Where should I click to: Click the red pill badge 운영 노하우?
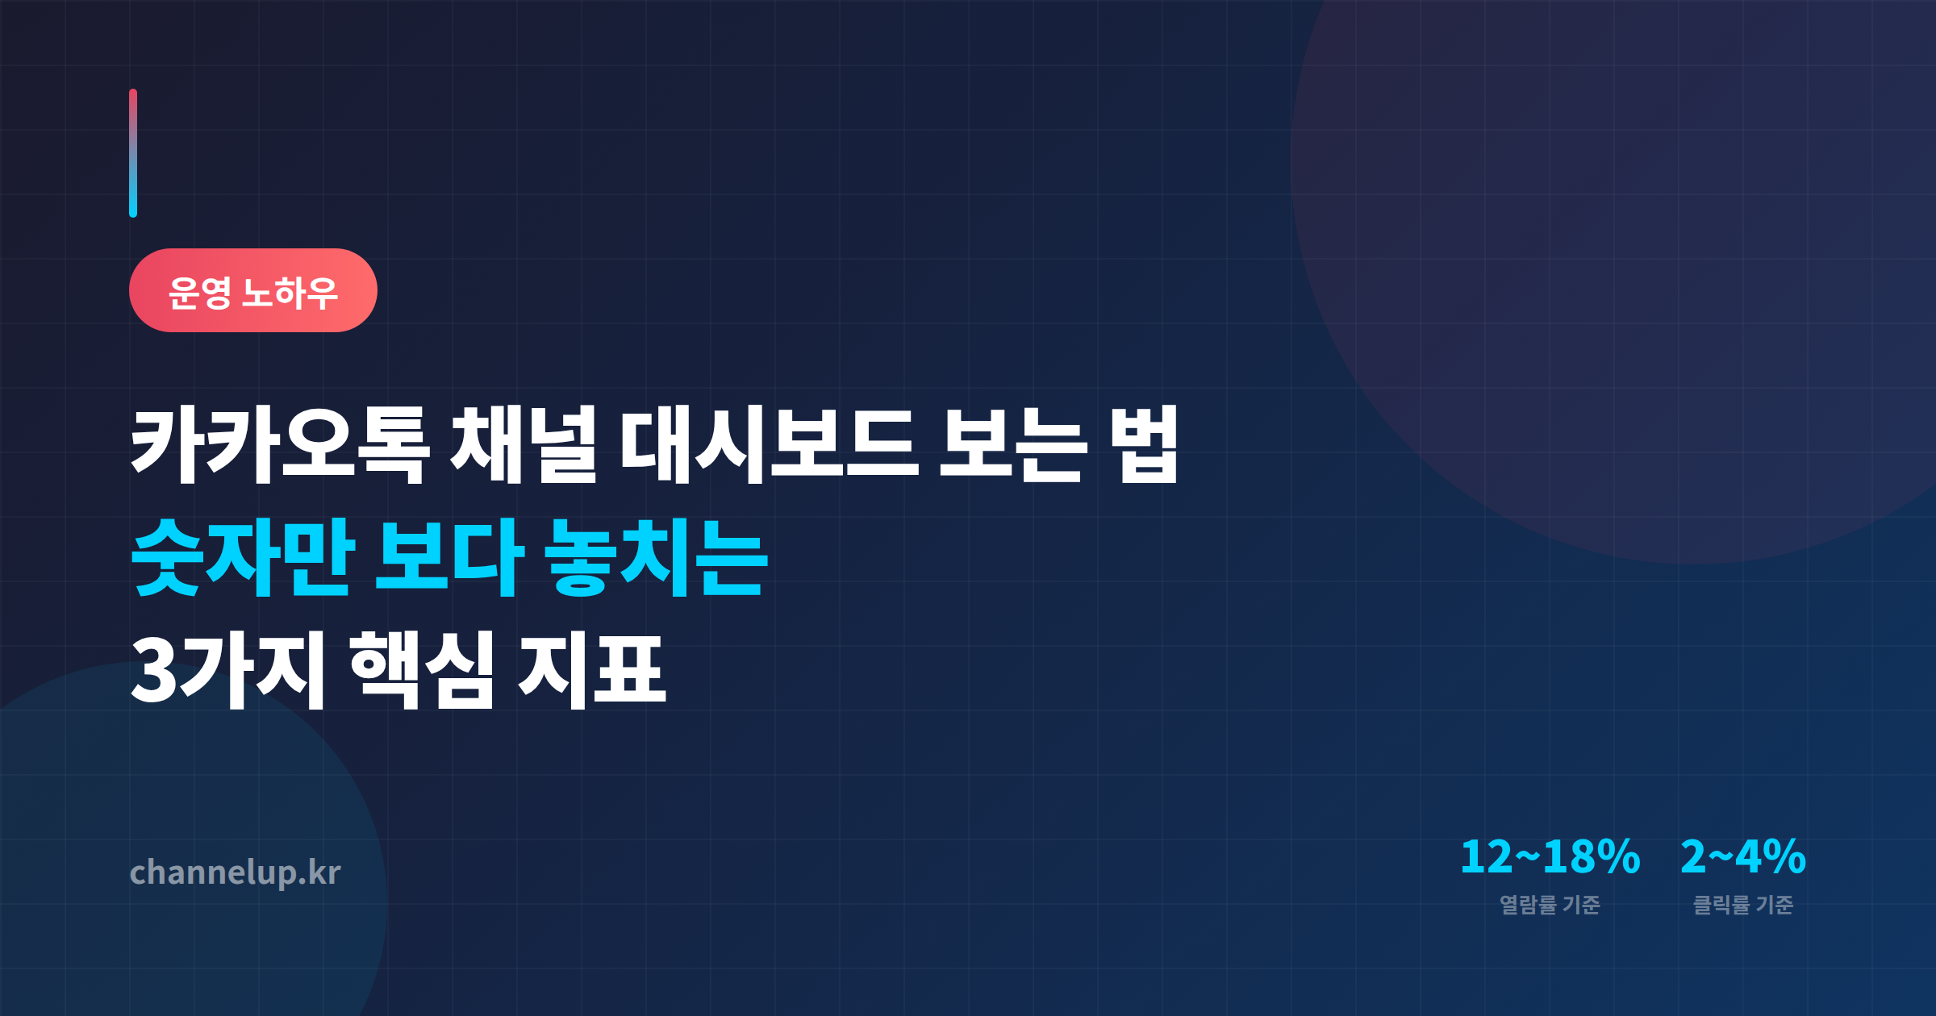(x=252, y=290)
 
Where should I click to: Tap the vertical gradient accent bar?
(x=133, y=153)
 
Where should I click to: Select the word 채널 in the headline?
(x=524, y=445)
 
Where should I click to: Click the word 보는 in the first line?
(x=1012, y=445)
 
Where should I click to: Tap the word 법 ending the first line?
(x=1145, y=445)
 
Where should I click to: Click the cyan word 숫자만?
(x=242, y=558)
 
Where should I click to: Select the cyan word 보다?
(x=449, y=558)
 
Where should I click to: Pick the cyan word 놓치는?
(x=656, y=558)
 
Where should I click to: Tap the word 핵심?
(x=422, y=671)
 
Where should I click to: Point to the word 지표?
(x=591, y=671)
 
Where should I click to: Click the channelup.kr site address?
(x=235, y=872)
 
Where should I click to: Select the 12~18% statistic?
(x=1550, y=856)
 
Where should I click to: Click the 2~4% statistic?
(x=1742, y=856)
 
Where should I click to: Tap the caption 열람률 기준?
(x=1550, y=905)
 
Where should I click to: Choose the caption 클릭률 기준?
(x=1742, y=905)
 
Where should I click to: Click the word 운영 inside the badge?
(x=200, y=292)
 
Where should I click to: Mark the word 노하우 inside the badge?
(x=290, y=292)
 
